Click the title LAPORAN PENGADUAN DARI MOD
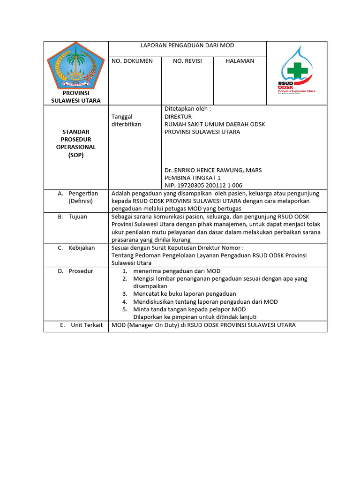click(187, 45)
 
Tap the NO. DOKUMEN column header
click(132, 61)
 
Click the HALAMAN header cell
click(240, 61)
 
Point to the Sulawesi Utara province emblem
click(75, 65)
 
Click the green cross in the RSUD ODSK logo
click(297, 70)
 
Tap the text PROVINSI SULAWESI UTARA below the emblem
click(75, 97)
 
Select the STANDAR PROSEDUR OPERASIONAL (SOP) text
click(75, 143)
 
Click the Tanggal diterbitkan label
click(126, 120)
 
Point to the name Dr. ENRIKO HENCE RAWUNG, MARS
click(213, 170)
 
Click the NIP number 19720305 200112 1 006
click(203, 186)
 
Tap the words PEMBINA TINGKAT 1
click(192, 178)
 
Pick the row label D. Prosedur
click(75, 271)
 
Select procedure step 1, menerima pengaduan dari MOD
click(177, 271)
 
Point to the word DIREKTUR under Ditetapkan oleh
click(178, 116)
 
